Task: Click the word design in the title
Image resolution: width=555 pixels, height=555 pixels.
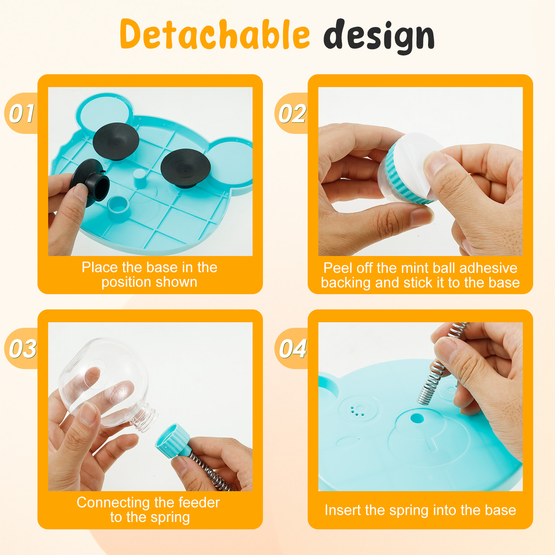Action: click(379, 37)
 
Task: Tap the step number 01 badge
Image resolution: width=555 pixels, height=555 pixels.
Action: click(22, 113)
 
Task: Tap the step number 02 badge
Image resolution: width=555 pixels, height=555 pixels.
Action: click(292, 113)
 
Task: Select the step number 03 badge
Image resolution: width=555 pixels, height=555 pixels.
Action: click(22, 348)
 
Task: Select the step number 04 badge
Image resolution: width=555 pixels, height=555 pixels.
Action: click(292, 348)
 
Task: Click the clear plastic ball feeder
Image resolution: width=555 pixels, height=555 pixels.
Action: click(104, 382)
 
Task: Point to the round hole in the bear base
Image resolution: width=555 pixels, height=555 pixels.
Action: click(417, 418)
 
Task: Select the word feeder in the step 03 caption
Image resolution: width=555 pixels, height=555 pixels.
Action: click(199, 502)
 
